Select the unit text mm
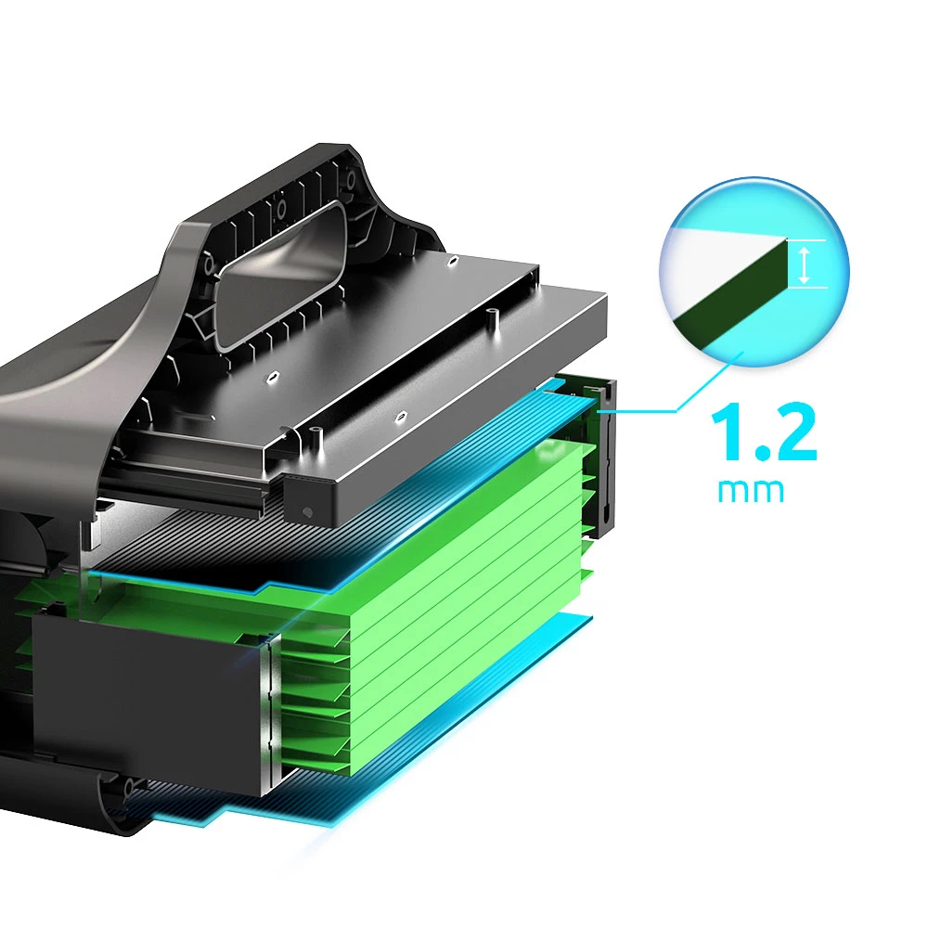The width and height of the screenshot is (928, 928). coord(751,491)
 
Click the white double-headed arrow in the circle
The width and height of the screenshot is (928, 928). coord(804,264)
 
